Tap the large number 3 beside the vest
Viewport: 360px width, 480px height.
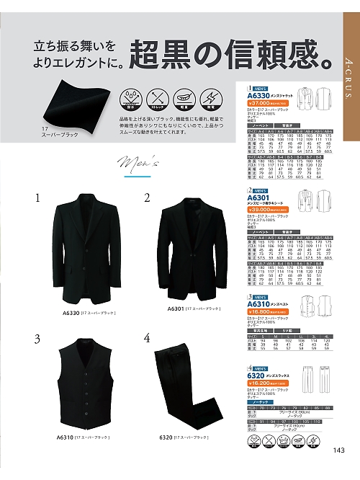(36, 339)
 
